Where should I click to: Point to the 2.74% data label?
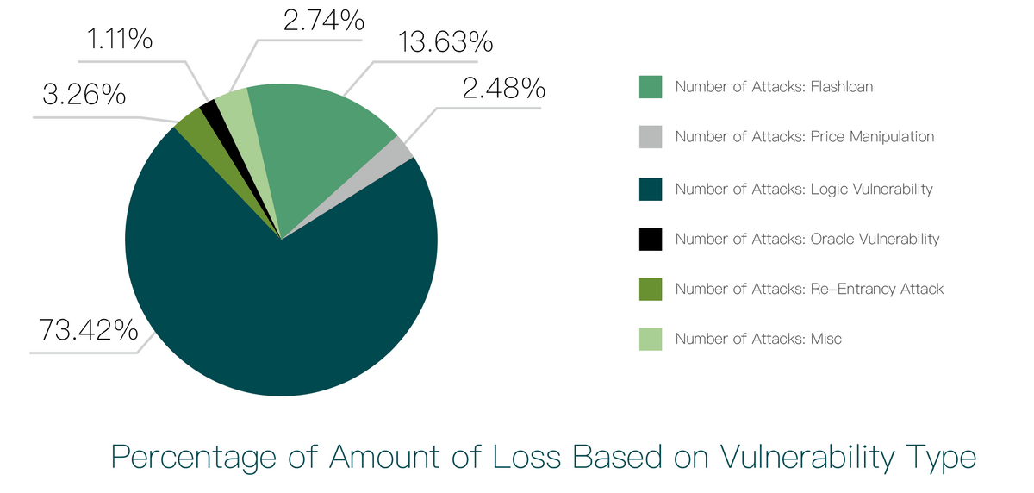click(x=323, y=19)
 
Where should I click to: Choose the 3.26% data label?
click(x=84, y=95)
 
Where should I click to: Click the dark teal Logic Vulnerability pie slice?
click(x=276, y=302)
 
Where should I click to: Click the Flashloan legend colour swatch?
click(x=651, y=87)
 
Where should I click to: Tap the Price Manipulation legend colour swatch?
click(x=651, y=137)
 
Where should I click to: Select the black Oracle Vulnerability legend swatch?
click(x=651, y=239)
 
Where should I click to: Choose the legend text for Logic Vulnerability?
click(x=803, y=189)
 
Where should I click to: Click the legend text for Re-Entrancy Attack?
click(x=809, y=289)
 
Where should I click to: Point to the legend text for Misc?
click(x=758, y=339)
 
